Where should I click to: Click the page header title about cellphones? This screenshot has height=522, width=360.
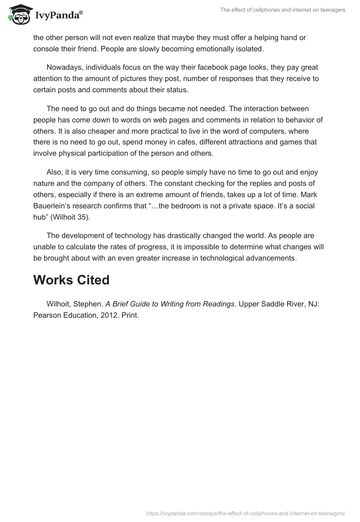pyautogui.click(x=283, y=10)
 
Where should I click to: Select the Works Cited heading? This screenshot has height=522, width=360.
pyautogui.click(x=71, y=280)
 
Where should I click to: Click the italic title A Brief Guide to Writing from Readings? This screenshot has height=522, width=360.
pyautogui.click(x=170, y=304)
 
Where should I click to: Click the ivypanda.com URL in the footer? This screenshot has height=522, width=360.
pyautogui.click(x=246, y=513)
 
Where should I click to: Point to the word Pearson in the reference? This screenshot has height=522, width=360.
pyautogui.click(x=46, y=315)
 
